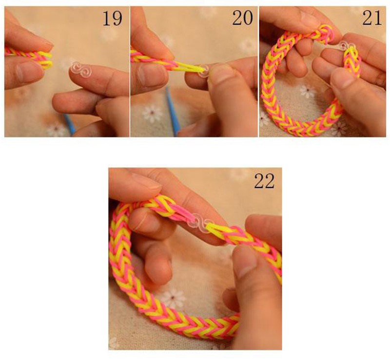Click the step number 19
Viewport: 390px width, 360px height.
point(113,18)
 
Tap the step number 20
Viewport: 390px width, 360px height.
point(242,18)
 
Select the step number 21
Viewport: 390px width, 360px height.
point(372,18)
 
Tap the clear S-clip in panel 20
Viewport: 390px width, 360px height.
point(205,70)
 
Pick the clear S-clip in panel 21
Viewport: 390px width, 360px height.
point(347,46)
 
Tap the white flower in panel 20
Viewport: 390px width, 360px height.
point(152,113)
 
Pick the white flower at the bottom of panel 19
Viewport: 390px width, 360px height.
point(56,129)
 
